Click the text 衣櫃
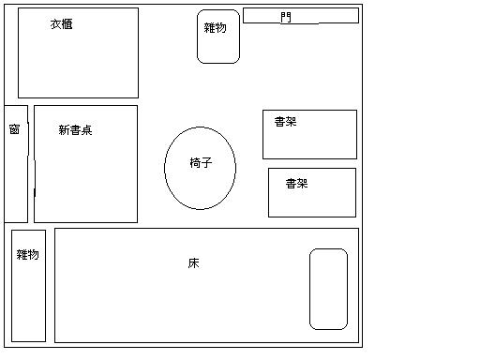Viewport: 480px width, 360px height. [62, 24]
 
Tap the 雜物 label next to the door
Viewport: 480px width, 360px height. [215, 28]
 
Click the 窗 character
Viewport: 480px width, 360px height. [14, 129]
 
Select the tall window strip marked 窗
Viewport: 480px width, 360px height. [16, 178]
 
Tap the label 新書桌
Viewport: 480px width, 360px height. [75, 130]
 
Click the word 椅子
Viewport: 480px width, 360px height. [201, 163]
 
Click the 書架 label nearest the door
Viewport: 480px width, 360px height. [286, 122]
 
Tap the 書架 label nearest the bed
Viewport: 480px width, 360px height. [296, 184]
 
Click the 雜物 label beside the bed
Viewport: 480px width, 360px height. [28, 254]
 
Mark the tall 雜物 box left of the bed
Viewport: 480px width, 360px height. [28, 300]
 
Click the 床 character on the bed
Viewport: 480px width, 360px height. [193, 263]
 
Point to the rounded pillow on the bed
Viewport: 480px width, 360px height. [328, 289]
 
